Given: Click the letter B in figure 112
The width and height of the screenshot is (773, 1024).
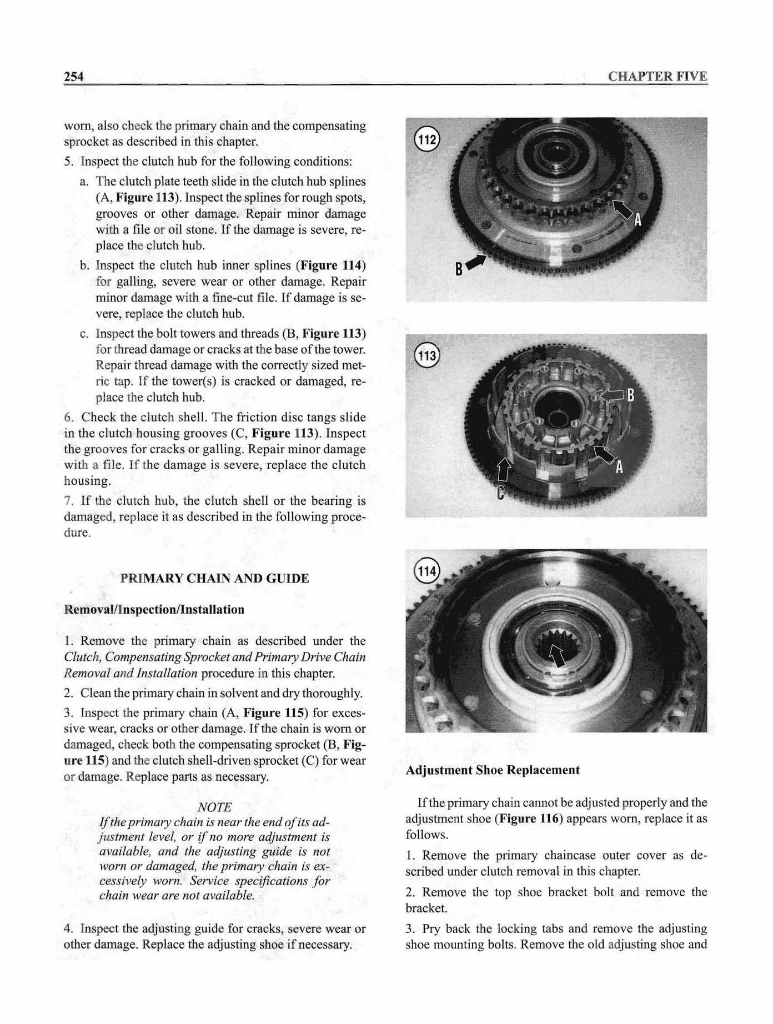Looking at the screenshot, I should tap(459, 270).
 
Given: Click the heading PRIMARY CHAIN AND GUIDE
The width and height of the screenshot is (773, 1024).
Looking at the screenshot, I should tap(214, 579).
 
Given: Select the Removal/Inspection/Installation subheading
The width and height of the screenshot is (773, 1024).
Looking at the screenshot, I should tap(154, 610).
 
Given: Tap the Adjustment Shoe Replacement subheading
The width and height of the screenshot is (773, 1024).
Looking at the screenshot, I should tap(493, 770).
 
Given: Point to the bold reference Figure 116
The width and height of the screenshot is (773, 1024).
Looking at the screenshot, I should tap(529, 819).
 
